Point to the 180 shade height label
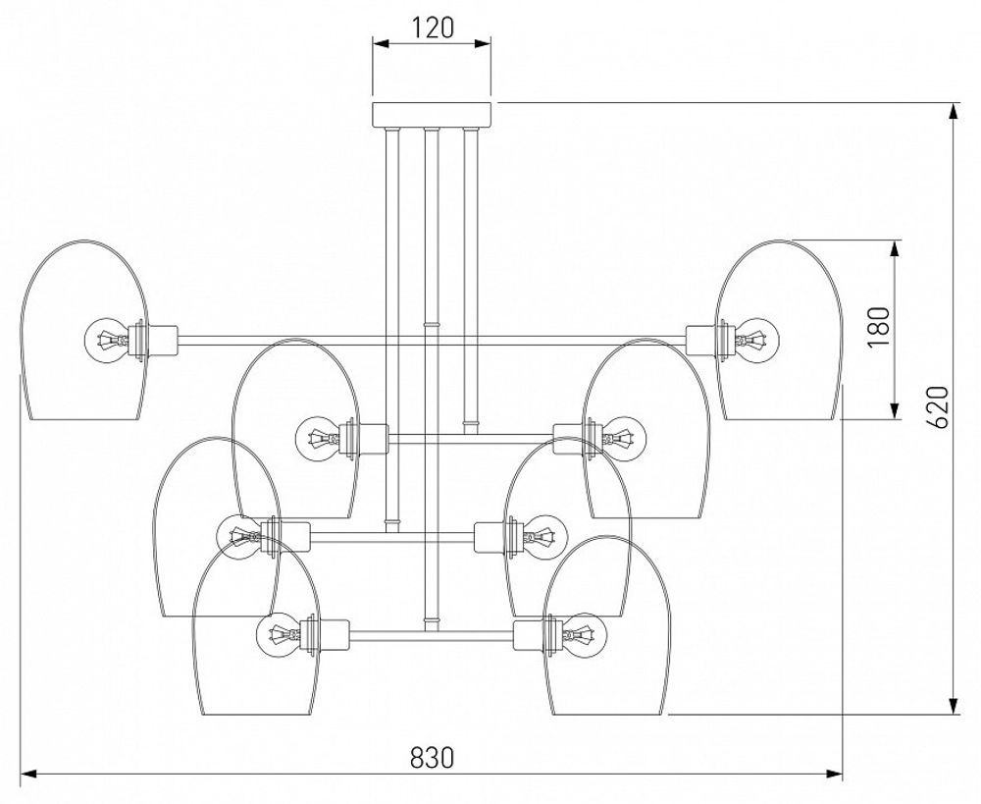[x=879, y=327]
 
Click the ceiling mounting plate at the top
[x=431, y=113]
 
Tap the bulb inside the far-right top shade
[x=756, y=340]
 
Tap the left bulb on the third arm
[x=239, y=536]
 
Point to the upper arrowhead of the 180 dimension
[x=895, y=249]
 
